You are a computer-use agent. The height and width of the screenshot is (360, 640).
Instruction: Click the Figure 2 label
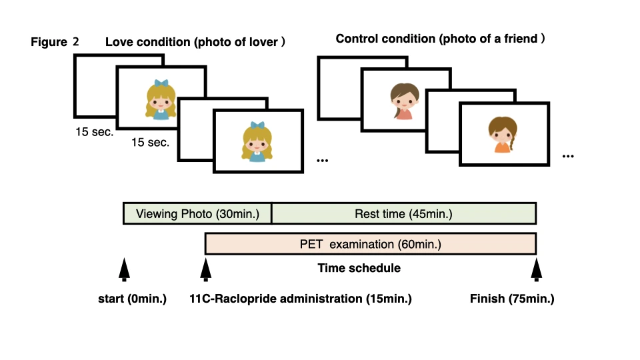pos(55,42)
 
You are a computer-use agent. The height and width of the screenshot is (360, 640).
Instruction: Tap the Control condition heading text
pos(440,39)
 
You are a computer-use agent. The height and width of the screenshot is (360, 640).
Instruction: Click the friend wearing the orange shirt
pos(501,135)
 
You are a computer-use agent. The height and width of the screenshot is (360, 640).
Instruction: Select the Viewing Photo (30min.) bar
pos(197,214)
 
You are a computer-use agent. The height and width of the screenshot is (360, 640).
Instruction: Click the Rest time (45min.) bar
pos(403,214)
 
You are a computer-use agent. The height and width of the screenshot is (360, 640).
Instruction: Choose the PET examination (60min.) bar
pos(370,245)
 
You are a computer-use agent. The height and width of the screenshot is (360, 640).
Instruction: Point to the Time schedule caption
pos(359,268)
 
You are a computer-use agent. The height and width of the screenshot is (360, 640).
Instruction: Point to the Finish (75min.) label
pos(511,299)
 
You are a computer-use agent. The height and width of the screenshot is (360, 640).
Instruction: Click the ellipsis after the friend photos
pos(568,157)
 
